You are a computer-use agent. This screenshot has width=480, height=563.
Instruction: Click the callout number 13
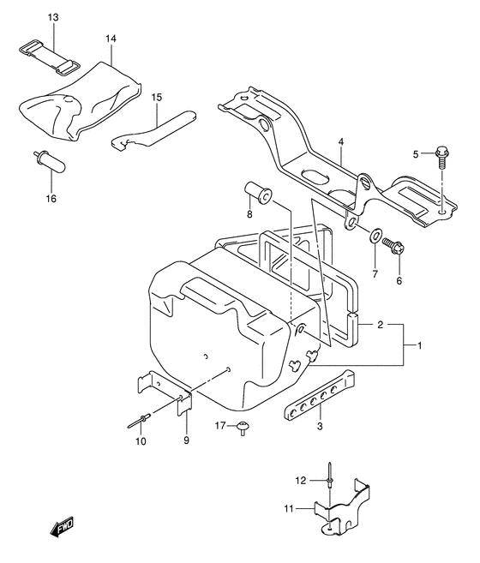tap(53, 18)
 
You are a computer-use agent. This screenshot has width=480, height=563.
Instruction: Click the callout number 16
tap(51, 199)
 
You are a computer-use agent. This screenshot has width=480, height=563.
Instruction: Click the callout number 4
tap(340, 141)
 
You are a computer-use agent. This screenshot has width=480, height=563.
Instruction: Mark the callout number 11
tap(289, 508)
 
